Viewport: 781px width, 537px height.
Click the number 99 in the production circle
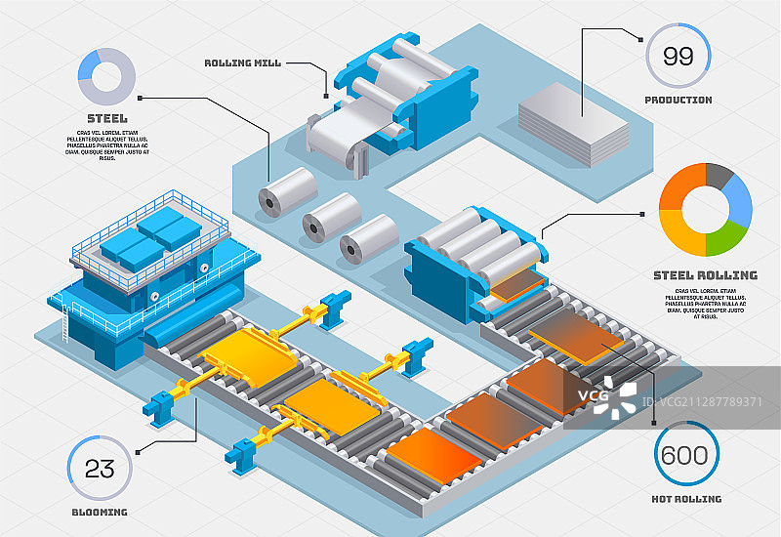pos(678,57)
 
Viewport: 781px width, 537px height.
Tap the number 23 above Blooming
pos(100,468)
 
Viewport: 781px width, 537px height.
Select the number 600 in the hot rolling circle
pos(684,454)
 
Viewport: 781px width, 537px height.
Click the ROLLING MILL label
pos(242,63)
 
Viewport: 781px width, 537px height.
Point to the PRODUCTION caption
pos(678,100)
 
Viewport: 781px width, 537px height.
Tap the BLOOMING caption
pos(99,512)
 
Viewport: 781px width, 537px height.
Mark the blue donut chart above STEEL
pos(104,77)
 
